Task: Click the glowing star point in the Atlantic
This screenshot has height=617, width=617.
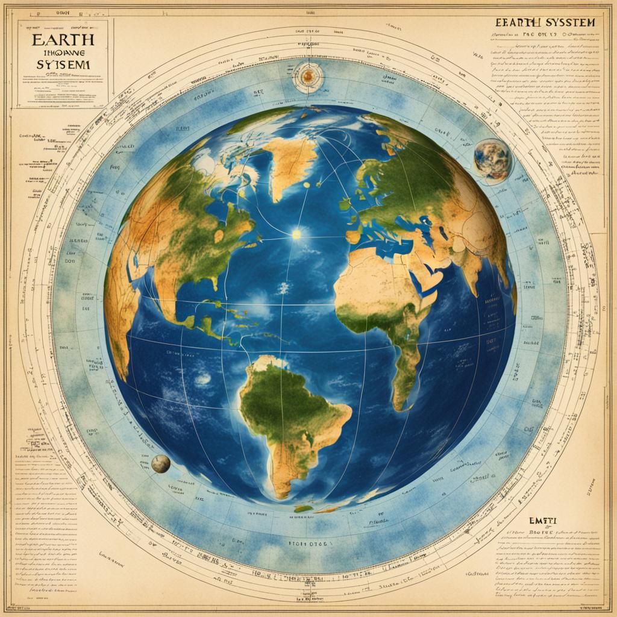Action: click(296, 234)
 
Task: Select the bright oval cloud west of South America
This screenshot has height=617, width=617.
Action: click(202, 378)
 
